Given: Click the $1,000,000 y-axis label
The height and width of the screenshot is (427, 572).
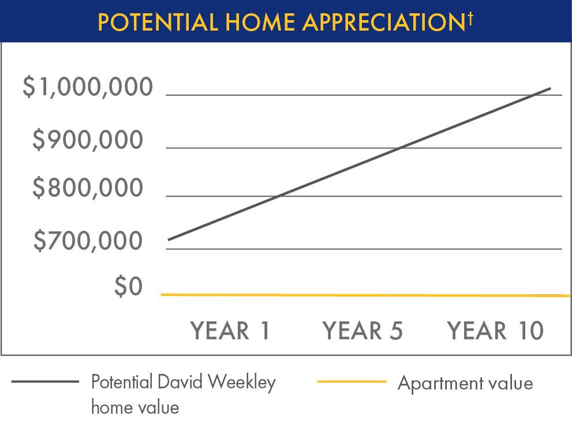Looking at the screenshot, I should coord(88,88).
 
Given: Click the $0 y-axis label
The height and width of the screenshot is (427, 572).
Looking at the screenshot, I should coord(128,287).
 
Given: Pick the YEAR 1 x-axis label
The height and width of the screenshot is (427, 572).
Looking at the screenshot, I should coord(230,331).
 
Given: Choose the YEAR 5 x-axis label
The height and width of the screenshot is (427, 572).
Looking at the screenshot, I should coord(362,331).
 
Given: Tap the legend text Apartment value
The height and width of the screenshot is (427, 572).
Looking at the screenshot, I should coord(465,383).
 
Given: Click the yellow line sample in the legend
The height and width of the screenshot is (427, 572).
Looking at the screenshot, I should coord(352,381).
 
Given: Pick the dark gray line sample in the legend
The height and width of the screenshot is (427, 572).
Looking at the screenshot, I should coord(44,381).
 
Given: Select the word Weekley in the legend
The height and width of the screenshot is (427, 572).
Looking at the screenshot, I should coord(242,383).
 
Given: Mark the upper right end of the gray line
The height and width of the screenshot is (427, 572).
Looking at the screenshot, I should coord(550,89).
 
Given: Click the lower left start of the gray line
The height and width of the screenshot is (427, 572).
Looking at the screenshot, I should coord(169,239).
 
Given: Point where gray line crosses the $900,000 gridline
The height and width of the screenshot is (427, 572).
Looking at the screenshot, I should coord(401,148).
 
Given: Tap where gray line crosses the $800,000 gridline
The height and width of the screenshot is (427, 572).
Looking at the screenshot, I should coord(278,196).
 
